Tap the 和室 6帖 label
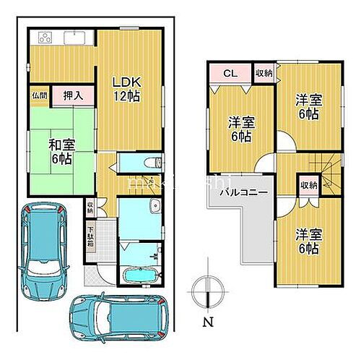click(x=61, y=150)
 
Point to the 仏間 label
click(x=38, y=95)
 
